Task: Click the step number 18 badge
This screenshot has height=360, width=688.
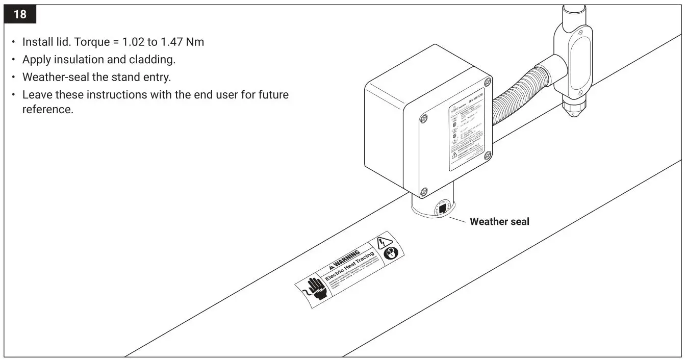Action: (x=20, y=14)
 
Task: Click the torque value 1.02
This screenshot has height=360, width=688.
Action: (x=134, y=42)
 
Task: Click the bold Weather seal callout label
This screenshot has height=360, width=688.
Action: (x=499, y=221)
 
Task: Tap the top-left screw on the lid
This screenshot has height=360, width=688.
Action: (x=423, y=118)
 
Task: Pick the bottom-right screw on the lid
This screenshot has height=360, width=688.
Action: (x=487, y=156)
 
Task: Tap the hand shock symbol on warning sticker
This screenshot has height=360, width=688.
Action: (x=314, y=290)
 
